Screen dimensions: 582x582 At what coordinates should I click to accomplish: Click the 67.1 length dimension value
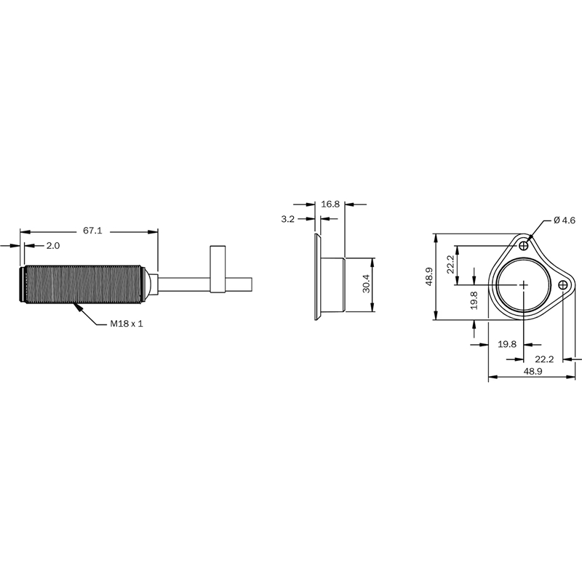92,231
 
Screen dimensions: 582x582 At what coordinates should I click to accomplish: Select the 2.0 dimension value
53,246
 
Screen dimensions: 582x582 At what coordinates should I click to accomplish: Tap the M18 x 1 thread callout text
127,324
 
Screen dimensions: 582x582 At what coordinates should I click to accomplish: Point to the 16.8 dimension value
330,204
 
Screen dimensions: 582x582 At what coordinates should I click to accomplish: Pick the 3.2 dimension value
287,219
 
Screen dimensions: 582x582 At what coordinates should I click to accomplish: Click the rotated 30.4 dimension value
367,284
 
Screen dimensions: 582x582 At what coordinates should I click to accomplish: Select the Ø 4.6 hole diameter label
565,220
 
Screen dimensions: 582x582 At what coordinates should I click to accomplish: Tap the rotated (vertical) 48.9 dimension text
429,276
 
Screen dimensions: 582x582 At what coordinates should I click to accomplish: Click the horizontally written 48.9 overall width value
533,371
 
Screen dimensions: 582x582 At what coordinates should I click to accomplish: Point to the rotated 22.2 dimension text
450,264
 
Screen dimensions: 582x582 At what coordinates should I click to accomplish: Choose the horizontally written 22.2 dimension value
544,359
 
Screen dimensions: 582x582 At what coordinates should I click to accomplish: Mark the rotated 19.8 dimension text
474,300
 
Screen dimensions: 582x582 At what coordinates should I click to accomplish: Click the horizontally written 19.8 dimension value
507,344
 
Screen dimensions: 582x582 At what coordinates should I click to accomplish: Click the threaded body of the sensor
81,284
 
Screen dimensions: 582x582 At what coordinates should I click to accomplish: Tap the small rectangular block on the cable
218,269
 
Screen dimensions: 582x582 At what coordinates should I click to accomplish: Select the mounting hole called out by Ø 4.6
524,246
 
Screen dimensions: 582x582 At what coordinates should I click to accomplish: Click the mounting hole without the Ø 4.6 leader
563,285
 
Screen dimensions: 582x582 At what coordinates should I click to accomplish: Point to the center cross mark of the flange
524,285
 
